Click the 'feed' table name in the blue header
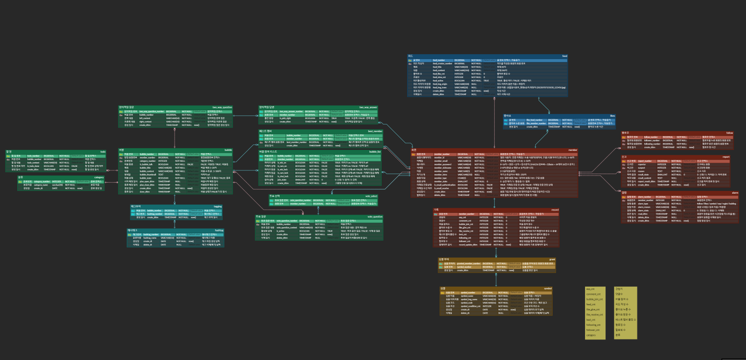pyautogui.click(x=565, y=56)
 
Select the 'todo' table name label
pyautogui.click(x=103, y=152)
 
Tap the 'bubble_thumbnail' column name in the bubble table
pyautogui.click(x=148, y=175)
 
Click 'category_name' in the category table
pyautogui.click(x=41, y=185)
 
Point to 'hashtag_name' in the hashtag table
pyautogui.click(x=150, y=238)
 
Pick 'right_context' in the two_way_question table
pyautogui.click(x=145, y=122)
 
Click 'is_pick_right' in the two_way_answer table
pyautogui.click(x=285, y=118)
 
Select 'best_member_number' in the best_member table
pyautogui.click(x=296, y=142)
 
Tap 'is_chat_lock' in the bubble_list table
pyautogui.click(x=283, y=176)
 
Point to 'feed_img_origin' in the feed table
pyautogui.click(x=440, y=84)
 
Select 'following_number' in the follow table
pyautogui.click(x=652, y=144)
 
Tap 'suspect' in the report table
pyautogui.click(x=642, y=168)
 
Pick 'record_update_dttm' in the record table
pyautogui.click(x=468, y=245)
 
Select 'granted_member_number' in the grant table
pyautogui.click(x=469, y=263)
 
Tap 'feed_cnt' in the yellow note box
pyautogui.click(x=591, y=304)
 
